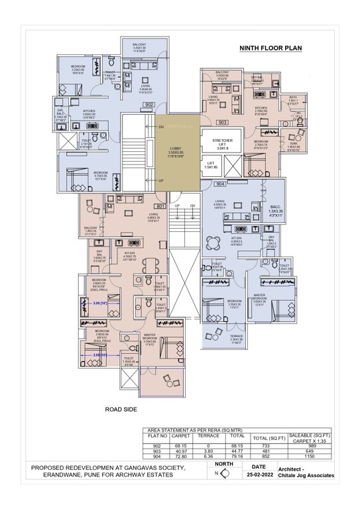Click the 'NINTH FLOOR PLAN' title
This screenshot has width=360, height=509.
pyautogui.click(x=273, y=48)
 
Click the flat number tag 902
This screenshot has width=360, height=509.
pyautogui.click(x=149, y=104)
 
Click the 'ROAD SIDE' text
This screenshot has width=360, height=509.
pyautogui.click(x=121, y=410)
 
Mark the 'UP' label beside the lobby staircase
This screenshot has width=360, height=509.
pyautogui.click(x=161, y=180)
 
